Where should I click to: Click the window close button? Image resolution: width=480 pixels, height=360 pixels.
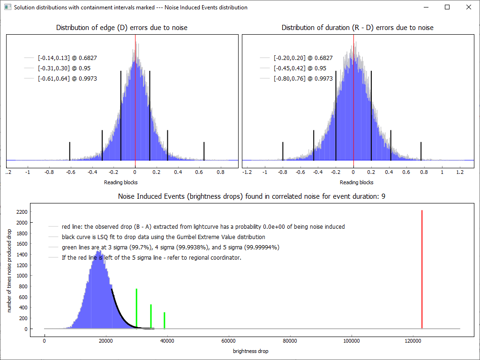click(468, 7)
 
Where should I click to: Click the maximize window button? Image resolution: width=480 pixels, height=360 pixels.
click(447, 7)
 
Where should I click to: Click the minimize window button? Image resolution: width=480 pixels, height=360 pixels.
click(426, 7)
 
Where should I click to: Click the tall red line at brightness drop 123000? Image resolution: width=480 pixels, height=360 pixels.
click(422, 270)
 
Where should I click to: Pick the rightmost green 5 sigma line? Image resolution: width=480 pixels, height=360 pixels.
click(165, 320)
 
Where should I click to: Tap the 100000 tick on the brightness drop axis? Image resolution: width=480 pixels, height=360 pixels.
click(352, 341)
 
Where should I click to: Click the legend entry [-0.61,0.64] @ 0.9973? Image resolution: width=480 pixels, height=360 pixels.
click(67, 78)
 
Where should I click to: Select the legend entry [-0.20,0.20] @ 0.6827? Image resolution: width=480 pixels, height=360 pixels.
click(303, 58)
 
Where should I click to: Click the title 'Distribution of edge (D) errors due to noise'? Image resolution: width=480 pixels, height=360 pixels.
click(122, 28)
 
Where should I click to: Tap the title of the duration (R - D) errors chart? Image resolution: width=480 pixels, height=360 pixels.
click(357, 28)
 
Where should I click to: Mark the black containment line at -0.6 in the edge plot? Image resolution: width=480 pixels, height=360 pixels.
click(70, 150)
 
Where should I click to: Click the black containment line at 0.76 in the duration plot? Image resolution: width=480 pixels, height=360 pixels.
click(421, 150)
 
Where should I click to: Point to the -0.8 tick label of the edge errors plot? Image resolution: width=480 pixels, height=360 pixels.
click(49, 172)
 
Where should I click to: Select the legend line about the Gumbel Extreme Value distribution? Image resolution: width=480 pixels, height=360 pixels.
click(163, 237)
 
